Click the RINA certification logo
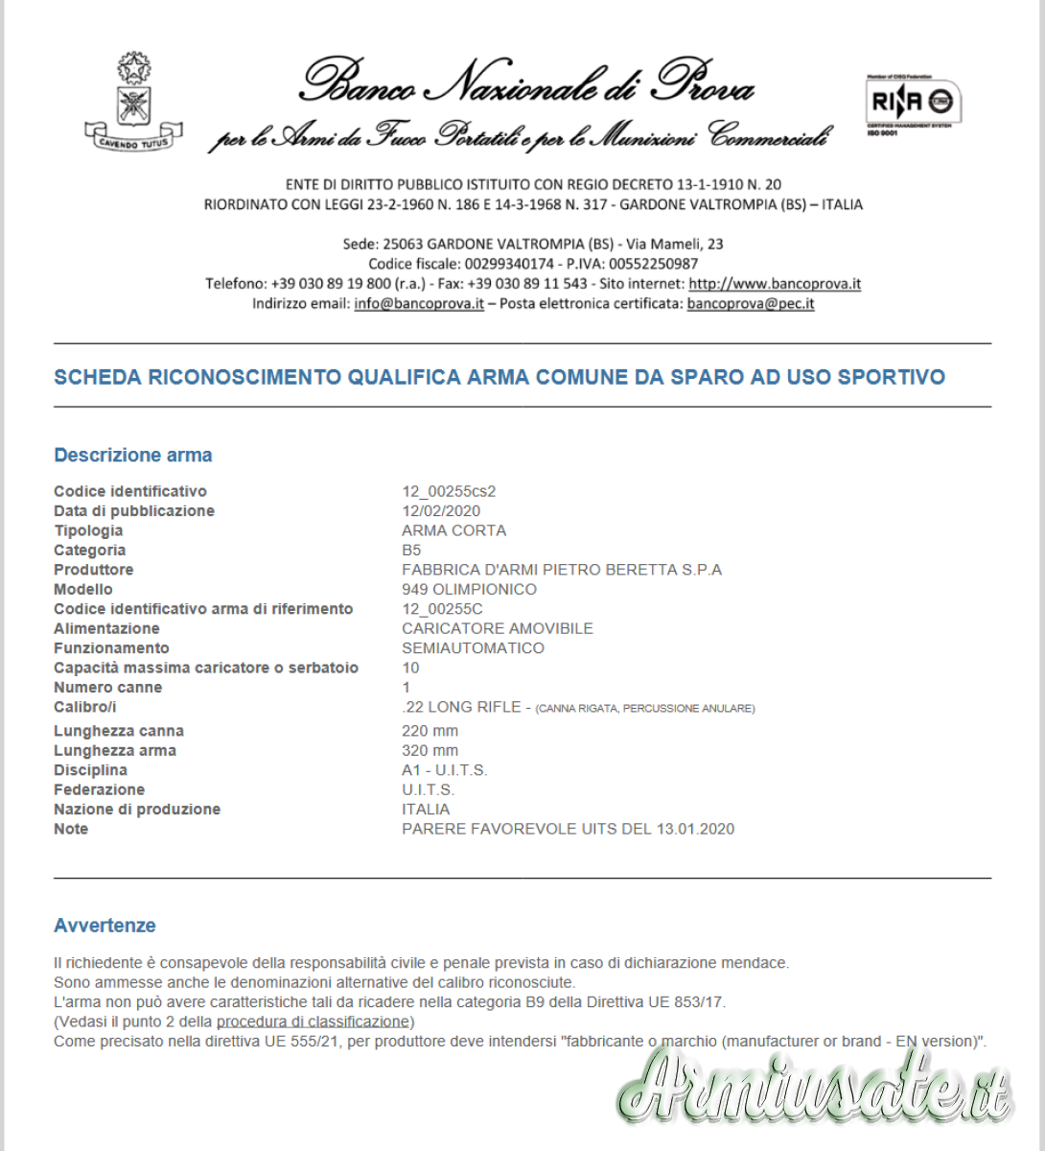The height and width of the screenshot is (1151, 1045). [x=913, y=103]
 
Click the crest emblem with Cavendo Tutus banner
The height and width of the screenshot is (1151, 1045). [x=133, y=105]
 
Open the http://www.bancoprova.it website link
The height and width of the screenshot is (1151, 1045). [x=775, y=284]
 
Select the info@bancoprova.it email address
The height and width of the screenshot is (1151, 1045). [x=419, y=304]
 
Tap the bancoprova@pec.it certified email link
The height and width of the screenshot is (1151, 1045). [x=751, y=304]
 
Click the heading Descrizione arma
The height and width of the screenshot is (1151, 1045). [x=133, y=456]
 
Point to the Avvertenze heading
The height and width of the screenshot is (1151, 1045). [x=104, y=926]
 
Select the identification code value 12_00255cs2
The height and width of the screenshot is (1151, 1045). [x=449, y=491]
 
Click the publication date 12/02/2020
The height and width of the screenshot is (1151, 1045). [x=441, y=511]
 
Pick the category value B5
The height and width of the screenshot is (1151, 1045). [x=411, y=551]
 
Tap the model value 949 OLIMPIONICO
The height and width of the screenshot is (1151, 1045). [x=469, y=590]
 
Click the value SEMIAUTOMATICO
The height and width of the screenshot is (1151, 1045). [x=473, y=648]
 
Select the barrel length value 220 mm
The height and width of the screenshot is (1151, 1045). [x=430, y=731]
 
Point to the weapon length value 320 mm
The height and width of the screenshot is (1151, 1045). [x=430, y=751]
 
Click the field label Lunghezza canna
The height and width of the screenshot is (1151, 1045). [x=119, y=731]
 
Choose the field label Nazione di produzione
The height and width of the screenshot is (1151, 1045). [x=137, y=810]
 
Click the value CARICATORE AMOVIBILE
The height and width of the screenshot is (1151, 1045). [x=498, y=629]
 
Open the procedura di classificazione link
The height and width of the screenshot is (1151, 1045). [x=313, y=1022]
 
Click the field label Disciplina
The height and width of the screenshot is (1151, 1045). [x=90, y=770]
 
